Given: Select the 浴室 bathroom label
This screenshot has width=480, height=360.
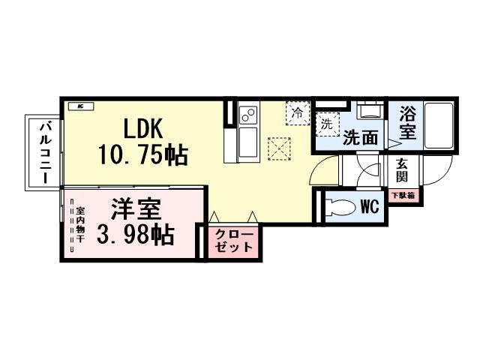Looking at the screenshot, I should click(408, 124).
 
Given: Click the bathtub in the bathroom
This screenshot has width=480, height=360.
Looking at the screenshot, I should click(438, 124).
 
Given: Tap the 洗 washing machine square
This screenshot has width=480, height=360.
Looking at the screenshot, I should click(326, 124).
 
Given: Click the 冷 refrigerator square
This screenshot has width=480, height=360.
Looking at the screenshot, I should click(297, 114).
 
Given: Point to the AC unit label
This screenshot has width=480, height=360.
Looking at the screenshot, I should click(78, 106).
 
